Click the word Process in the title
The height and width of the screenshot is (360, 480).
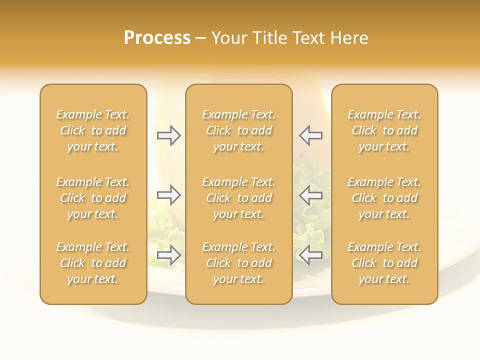[157, 38]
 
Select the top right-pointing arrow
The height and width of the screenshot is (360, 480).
[169, 135]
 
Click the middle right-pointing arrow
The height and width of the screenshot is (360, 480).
[169, 195]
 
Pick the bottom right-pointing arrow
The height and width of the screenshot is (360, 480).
[169, 255]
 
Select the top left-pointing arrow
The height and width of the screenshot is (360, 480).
[310, 135]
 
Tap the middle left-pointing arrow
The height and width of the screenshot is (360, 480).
[310, 195]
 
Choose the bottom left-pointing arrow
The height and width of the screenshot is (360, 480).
[310, 255]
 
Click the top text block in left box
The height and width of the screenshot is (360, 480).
[93, 130]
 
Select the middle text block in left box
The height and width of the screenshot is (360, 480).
[93, 198]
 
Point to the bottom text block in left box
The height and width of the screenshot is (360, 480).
[93, 263]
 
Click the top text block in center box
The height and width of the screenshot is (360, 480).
[239, 130]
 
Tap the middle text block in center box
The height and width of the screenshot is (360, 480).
[239, 198]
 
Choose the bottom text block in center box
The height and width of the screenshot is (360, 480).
[239, 263]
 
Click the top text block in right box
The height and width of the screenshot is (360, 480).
[384, 130]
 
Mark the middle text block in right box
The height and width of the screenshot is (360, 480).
[384, 198]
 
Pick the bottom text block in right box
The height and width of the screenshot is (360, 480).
[384, 263]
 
